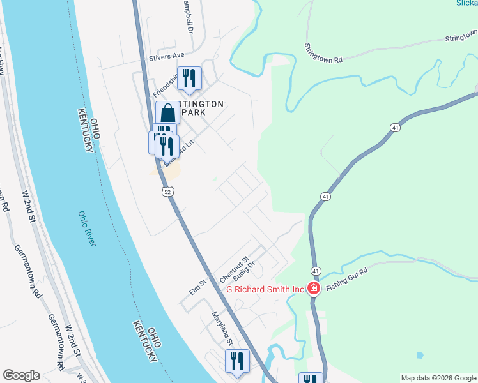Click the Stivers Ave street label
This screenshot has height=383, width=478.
pyautogui.click(x=166, y=56)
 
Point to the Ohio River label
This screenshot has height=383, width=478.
pyautogui.click(x=87, y=229)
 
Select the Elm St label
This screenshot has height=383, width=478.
pyautogui.click(x=197, y=287)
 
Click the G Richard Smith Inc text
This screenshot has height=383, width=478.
pyautogui.click(x=265, y=289)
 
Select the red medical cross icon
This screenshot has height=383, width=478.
pyautogui.click(x=314, y=289)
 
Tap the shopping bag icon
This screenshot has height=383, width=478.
pyautogui.click(x=167, y=113)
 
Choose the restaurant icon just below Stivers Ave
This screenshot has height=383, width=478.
pyautogui.click(x=189, y=79)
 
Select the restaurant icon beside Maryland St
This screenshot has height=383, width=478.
pyautogui.click(x=237, y=361)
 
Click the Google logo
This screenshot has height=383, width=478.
pyautogui.click(x=21, y=375)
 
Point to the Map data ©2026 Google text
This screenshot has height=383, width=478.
pyautogui.click(x=438, y=378)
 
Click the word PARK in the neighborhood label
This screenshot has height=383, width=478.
pyautogui.click(x=194, y=112)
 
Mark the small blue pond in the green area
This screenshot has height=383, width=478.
pyautogui.click(x=419, y=355)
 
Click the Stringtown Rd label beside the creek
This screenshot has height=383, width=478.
pyautogui.click(x=323, y=52)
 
